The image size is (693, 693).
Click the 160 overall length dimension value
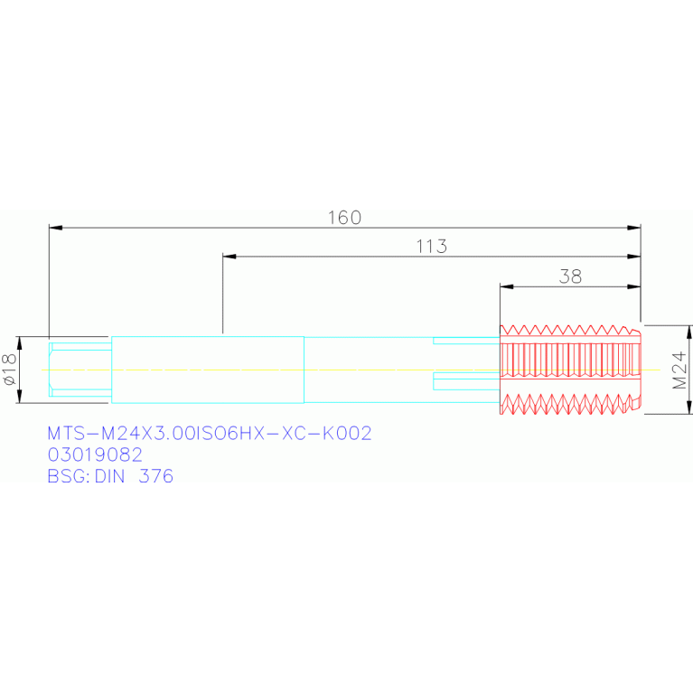[x=344, y=218]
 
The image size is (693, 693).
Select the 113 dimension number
[x=432, y=247]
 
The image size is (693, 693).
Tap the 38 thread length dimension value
[x=570, y=276]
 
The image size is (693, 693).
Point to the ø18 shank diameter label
[x=11, y=370]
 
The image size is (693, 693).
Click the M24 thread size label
[x=681, y=370]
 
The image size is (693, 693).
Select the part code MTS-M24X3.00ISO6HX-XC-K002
[x=209, y=434]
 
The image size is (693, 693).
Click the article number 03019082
[x=94, y=454]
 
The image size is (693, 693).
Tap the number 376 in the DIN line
[x=155, y=475]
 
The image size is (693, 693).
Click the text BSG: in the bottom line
[x=69, y=475]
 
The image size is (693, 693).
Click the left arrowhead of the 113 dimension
[x=229, y=258]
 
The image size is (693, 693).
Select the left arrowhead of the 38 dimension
[x=506, y=287]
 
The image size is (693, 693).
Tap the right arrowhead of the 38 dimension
[x=635, y=287]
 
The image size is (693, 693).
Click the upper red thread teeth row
[x=569, y=331]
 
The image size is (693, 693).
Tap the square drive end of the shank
[x=80, y=370]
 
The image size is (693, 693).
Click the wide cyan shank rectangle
[x=207, y=370]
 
